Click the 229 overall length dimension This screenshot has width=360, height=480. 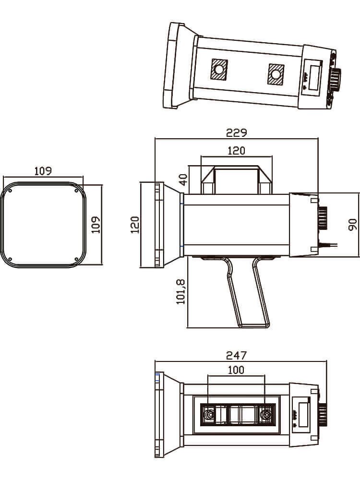pos(236,132)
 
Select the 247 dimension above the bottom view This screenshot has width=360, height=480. pos(236,355)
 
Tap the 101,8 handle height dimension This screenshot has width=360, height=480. pos(180,292)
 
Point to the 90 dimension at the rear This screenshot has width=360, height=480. pos(352,224)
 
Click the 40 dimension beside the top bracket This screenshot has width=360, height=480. pos(183,180)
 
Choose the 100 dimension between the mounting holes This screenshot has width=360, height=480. pos(236,370)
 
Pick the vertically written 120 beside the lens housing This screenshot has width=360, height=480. pos(135,225)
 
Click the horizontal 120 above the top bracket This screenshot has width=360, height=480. pos(236,151)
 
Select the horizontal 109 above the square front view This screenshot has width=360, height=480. pos(43,171)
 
